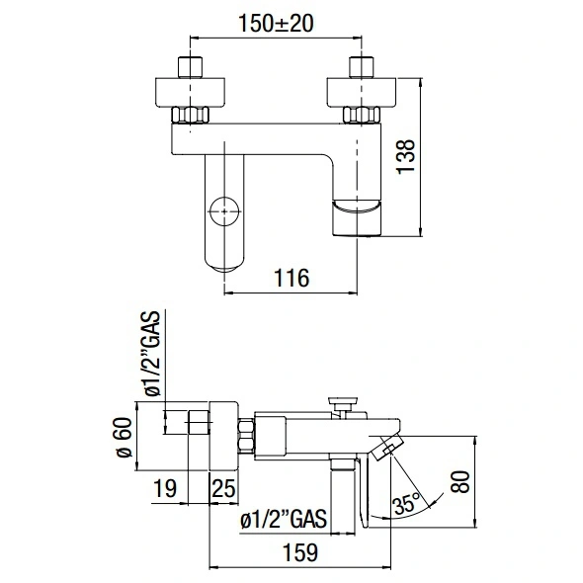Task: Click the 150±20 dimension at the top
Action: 276,23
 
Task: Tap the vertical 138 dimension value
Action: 405,156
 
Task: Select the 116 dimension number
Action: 291,278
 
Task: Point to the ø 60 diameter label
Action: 125,437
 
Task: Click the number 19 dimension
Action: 165,488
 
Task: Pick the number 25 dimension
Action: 224,488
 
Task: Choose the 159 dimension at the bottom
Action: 300,552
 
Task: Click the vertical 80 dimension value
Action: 461,482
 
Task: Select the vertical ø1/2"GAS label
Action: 152,353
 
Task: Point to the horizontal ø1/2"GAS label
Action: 284,518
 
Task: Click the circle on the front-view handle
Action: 224,210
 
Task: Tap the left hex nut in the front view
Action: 190,115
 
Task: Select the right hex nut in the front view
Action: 362,115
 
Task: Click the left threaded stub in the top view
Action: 191,67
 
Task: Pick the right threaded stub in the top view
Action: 362,67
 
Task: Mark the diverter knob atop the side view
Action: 343,404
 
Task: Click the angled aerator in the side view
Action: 386,448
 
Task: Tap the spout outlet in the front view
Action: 357,217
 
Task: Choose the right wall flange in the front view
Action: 362,93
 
